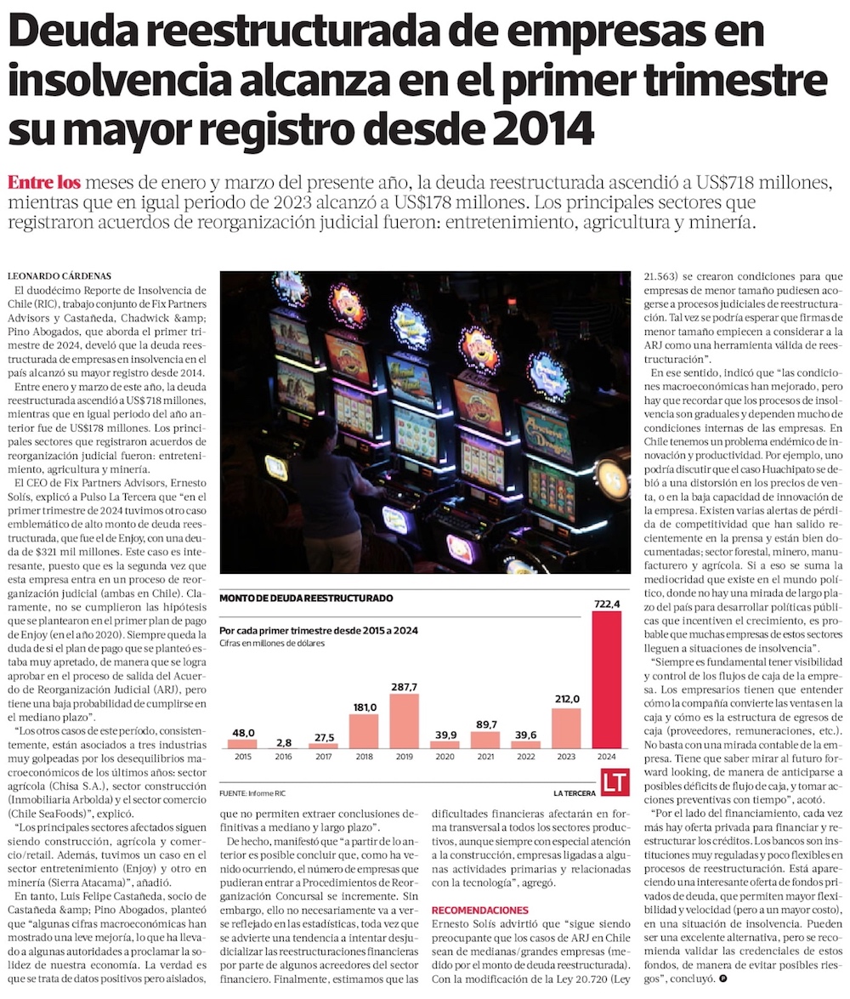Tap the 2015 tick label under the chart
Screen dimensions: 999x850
click(244, 756)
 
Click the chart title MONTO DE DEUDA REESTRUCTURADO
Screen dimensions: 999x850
click(306, 599)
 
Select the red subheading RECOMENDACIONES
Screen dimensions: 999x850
click(479, 910)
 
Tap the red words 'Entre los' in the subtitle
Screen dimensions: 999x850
click(43, 182)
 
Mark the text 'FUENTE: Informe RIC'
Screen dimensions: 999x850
click(252, 792)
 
